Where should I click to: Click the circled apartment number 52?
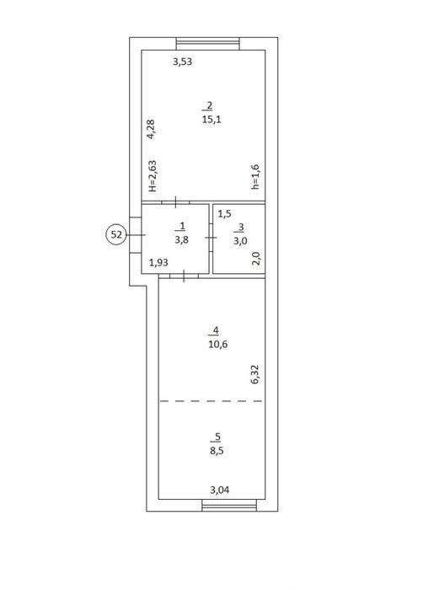tap(116, 235)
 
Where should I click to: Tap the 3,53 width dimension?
tap(182, 62)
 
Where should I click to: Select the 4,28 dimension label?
tap(151, 130)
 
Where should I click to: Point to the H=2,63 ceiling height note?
tap(152, 176)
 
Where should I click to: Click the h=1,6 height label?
tap(255, 176)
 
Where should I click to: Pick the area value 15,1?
tap(211, 120)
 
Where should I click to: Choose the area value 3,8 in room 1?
tap(181, 239)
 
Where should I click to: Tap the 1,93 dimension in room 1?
tap(158, 263)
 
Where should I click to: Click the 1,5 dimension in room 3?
tap(225, 214)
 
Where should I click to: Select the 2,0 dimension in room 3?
tap(256, 259)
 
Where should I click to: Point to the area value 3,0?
tap(240, 240)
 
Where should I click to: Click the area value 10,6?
tap(218, 344)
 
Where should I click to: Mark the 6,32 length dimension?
tap(255, 374)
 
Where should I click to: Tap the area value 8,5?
tap(217, 451)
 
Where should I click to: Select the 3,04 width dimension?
tap(220, 490)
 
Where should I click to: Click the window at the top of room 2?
tap(208, 44)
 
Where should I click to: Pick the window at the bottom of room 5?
tap(229, 505)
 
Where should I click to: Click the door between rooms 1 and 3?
tap(211, 238)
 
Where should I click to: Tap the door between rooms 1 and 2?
tap(176, 202)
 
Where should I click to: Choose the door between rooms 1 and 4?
tap(184, 276)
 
